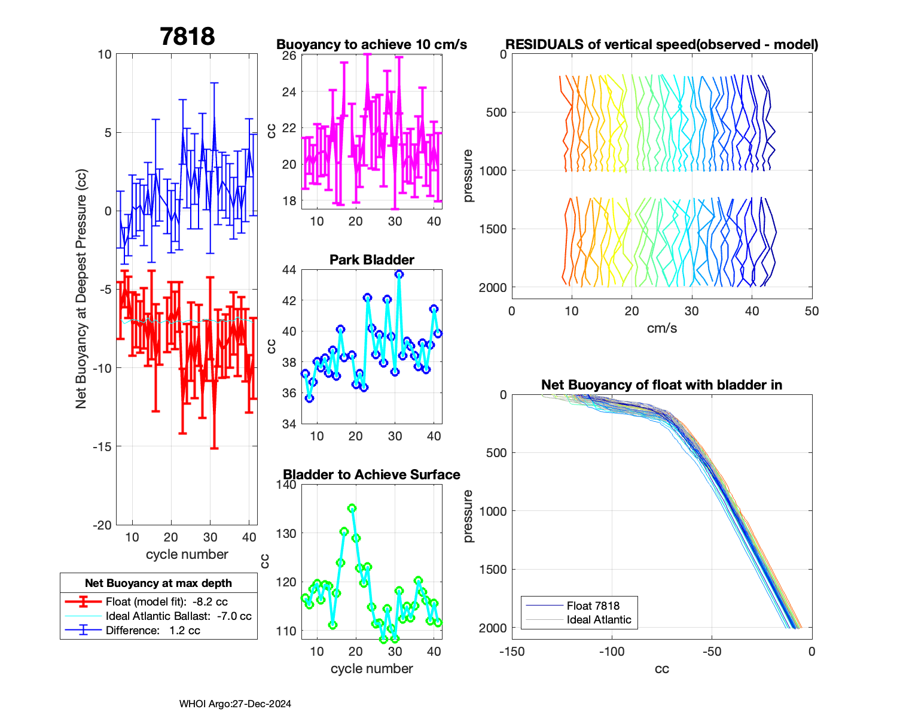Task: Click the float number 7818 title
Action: click(187, 36)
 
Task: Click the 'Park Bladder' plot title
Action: click(372, 260)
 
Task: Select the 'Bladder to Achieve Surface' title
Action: click(371, 474)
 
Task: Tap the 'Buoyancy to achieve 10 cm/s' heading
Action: click(371, 44)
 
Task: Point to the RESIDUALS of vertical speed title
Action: click(661, 44)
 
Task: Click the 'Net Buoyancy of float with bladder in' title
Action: click(661, 385)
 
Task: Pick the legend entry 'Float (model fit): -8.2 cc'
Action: click(166, 601)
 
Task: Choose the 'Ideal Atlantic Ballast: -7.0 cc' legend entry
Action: click(178, 616)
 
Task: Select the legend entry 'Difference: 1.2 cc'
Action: click(152, 630)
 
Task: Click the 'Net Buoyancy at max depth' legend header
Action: click(158, 583)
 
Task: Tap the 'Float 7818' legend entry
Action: click(593, 606)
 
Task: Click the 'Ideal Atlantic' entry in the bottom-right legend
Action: click(599, 620)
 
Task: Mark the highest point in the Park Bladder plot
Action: click(399, 274)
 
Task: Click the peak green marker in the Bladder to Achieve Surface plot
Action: click(352, 508)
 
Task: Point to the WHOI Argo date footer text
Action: click(235, 704)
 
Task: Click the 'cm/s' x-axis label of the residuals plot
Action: click(661, 328)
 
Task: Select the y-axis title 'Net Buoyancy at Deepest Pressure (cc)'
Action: click(81, 290)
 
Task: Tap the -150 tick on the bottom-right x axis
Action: click(512, 652)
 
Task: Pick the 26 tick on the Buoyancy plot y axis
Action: click(289, 56)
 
